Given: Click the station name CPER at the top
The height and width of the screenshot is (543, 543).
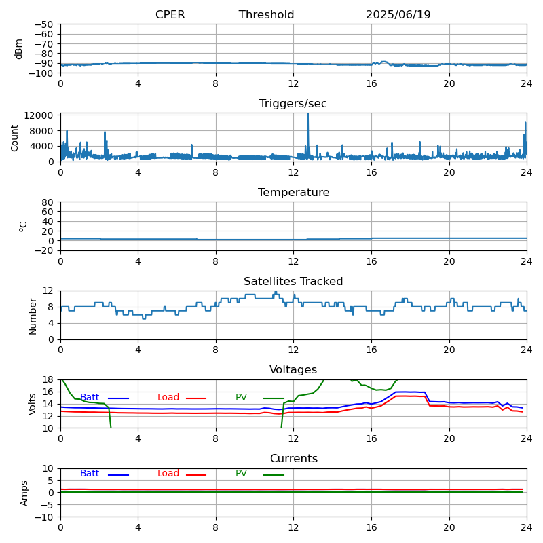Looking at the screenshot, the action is click(170, 14).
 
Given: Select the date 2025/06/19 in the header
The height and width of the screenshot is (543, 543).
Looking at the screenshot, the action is click(398, 14).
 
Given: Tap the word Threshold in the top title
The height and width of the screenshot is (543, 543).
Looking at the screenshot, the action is click(266, 14).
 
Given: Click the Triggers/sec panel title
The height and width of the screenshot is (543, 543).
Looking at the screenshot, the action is click(293, 104).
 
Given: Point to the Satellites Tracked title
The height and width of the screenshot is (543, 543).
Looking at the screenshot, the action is click(293, 281).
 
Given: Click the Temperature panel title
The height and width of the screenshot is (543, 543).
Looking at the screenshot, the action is click(294, 193).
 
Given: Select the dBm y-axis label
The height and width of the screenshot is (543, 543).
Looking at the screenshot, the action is click(19, 49).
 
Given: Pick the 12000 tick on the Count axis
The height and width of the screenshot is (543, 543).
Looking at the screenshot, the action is click(39, 115).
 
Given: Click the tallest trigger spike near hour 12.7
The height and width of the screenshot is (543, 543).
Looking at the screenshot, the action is click(308, 115).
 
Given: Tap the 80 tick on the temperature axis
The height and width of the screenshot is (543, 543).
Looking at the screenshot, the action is click(48, 202).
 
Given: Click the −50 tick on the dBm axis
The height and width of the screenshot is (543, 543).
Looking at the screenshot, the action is click(44, 24).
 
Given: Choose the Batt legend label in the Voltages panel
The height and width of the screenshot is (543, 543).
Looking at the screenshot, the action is click(90, 397).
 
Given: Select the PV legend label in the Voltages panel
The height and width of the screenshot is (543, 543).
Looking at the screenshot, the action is click(242, 397).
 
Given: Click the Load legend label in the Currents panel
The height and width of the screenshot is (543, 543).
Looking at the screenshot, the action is click(168, 473).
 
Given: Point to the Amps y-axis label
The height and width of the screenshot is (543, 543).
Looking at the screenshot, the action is click(24, 493).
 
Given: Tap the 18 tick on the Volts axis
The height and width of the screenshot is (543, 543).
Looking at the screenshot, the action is click(48, 379).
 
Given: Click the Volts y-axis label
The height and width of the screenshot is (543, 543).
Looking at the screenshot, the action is click(33, 404).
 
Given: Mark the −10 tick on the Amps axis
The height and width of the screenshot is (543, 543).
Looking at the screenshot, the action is click(44, 517).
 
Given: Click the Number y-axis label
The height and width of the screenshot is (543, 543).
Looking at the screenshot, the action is click(33, 316).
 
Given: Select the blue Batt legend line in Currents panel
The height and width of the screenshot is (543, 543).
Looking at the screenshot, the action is click(118, 474).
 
